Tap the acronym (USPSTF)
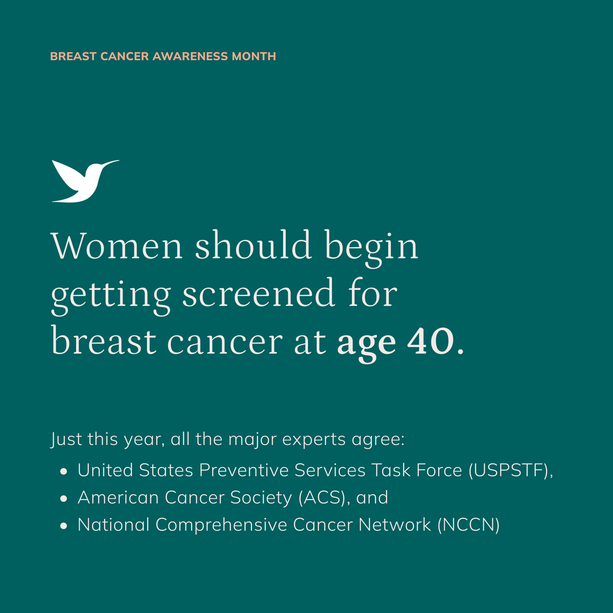point(509,470)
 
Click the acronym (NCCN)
point(468,525)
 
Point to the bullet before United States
point(63,471)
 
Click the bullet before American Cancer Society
point(63,499)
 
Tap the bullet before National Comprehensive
point(63,526)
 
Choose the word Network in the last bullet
point(394,525)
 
